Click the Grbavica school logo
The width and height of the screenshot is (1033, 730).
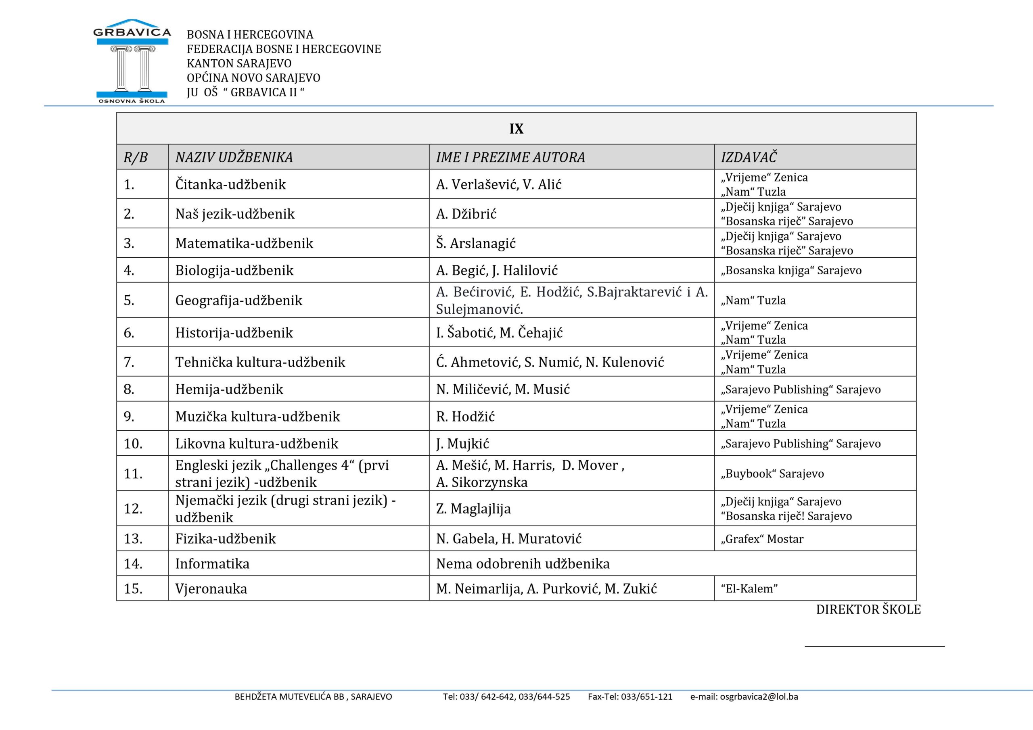coord(132,61)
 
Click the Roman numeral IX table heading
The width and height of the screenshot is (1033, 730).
coord(516,129)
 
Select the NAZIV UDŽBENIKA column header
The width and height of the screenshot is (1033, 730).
coord(234,157)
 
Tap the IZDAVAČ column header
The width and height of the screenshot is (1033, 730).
coord(749,157)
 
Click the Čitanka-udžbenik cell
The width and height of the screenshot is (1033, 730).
coord(230,184)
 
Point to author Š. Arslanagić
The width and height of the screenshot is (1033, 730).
coord(476,243)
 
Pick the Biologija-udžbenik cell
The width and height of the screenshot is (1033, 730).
coord(234,270)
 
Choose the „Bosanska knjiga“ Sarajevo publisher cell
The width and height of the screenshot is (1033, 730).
coord(791,270)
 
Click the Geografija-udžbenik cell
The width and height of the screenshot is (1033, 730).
coord(238,300)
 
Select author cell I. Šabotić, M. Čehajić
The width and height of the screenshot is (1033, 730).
coord(499,333)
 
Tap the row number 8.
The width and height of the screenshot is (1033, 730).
coord(129,389)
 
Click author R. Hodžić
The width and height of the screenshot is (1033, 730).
coord(465,417)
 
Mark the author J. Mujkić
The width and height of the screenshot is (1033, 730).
coord(462,444)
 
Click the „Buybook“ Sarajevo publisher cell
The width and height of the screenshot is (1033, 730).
coord(772,473)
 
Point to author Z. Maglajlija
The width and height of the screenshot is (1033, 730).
coord(473,509)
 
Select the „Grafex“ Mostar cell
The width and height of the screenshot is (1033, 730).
coord(762,539)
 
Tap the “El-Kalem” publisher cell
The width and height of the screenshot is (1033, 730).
coord(749,589)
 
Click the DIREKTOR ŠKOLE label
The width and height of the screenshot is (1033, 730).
coord(868,610)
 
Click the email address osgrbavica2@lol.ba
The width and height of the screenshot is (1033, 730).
coord(759,697)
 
